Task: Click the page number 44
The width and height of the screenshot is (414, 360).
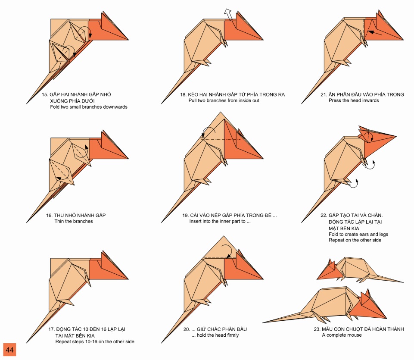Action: [9, 350]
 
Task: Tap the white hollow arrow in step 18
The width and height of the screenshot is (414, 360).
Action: [228, 14]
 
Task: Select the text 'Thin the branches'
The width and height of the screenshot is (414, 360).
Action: [73, 221]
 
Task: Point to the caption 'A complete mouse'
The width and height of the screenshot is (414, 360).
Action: [342, 335]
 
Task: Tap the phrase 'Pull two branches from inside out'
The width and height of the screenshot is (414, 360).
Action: [224, 100]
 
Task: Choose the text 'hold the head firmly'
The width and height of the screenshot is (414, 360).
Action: [218, 335]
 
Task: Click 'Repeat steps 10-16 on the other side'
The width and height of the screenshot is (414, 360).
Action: [94, 341]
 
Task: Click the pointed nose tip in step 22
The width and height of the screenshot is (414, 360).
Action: [395, 136]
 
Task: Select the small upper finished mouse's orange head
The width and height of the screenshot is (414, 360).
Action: [329, 272]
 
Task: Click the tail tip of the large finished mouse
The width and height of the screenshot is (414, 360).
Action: [264, 322]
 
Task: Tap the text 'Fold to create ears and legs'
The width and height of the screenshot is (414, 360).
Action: [358, 234]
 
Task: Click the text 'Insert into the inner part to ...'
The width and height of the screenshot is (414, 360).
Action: [220, 221]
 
